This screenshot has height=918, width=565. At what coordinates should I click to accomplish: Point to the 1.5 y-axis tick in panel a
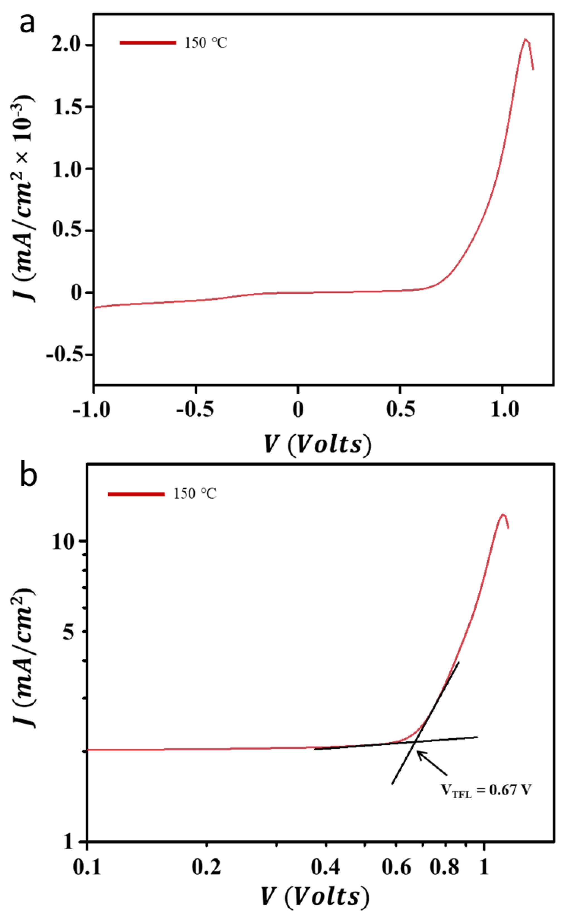(x=67, y=107)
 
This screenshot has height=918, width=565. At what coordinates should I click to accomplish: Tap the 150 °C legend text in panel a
(x=206, y=43)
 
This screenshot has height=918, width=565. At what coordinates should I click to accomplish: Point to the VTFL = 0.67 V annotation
(x=486, y=790)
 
